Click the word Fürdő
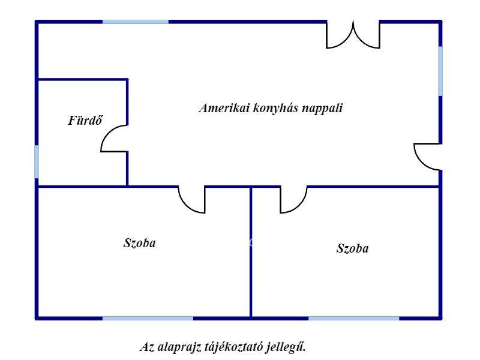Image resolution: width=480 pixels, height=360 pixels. click(85, 120)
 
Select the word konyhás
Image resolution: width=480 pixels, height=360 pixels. click(275, 108)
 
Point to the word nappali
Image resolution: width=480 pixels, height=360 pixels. click(322, 109)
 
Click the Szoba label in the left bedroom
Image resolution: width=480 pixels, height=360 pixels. click(140, 243)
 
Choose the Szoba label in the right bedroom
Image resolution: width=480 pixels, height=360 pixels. click(352, 248)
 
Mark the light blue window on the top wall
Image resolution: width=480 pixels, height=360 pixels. click(136, 22)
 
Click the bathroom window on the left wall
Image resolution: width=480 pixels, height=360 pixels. click(37, 161)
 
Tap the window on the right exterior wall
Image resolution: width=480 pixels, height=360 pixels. click(440, 71)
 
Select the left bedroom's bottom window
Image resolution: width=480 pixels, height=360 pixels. click(148, 319)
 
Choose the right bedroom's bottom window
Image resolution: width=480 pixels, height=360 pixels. click(354, 319)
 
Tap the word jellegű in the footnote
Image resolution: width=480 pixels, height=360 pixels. click(286, 347)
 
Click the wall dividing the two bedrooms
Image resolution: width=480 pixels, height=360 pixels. click(251, 252)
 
